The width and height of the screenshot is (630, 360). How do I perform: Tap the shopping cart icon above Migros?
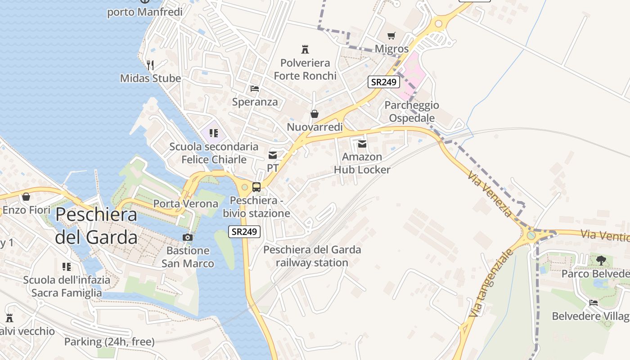pos(391,36)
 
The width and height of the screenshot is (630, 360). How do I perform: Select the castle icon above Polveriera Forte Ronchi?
pos(305,49)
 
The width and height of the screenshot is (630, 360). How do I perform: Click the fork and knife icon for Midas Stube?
pos(150,65)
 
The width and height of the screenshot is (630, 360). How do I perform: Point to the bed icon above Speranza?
pos(255,89)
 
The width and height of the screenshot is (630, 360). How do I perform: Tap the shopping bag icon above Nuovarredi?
pos(315,114)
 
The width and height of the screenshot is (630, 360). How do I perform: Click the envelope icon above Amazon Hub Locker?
pos(362,144)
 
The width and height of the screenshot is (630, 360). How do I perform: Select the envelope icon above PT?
pos(273,155)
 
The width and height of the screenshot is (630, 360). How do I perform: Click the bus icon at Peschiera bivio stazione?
pos(256,187)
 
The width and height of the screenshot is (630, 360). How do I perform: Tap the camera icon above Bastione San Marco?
pos(188,237)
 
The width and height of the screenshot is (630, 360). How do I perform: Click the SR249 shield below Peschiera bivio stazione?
pos(244,232)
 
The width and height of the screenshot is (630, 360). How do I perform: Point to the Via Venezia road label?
pos(490,193)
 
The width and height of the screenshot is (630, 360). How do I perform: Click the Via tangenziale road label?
pos(490,283)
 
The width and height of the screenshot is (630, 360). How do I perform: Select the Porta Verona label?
pos(185,204)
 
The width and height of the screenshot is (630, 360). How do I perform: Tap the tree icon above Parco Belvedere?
pos(601,260)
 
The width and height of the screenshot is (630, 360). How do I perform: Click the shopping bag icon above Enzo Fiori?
pos(26,197)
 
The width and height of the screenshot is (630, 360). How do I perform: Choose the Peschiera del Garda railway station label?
pos(312,256)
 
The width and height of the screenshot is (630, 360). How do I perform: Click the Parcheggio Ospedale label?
pos(412,112)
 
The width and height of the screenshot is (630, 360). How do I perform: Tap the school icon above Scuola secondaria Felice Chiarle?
pos(214,133)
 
